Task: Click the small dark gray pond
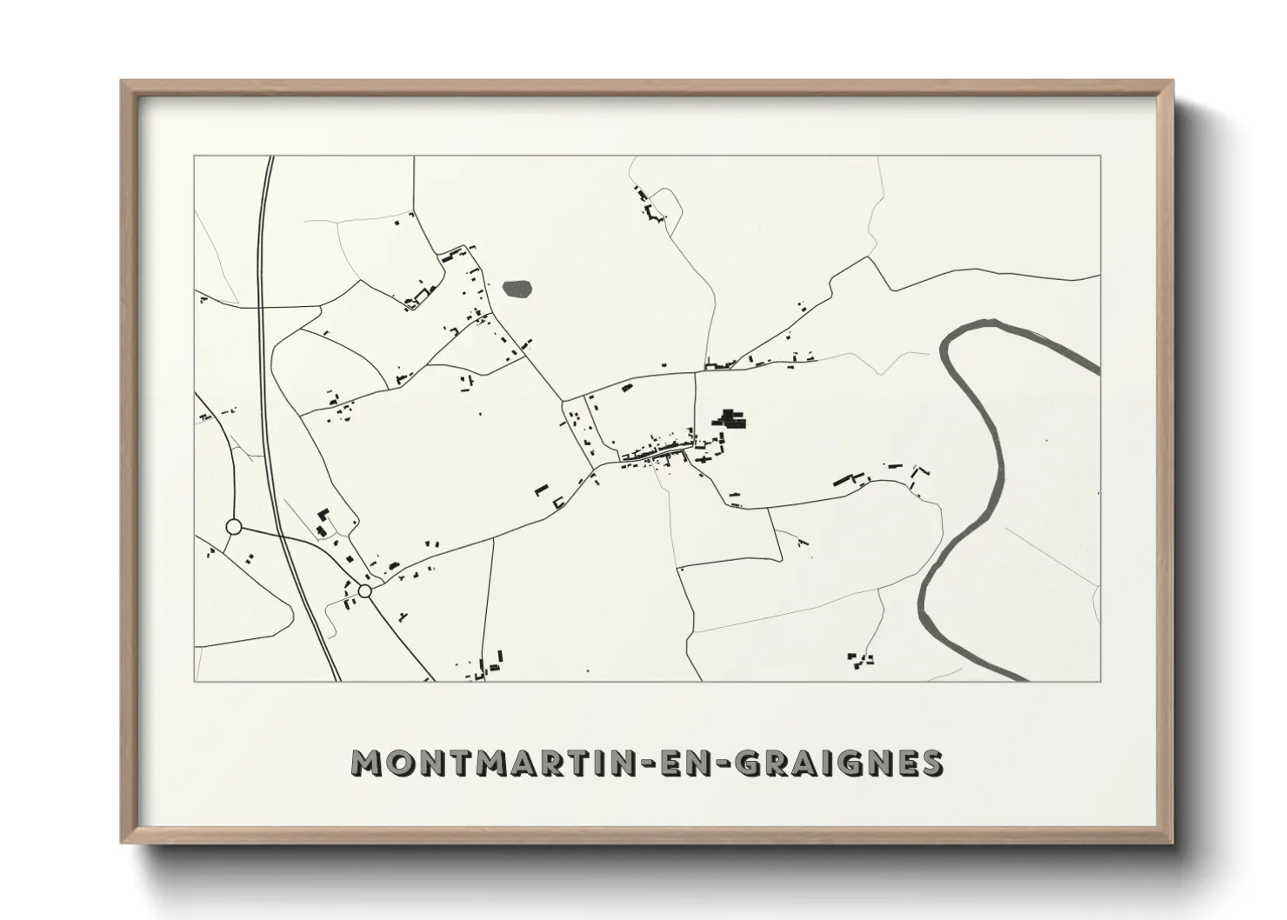517,289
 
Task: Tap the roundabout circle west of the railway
233,526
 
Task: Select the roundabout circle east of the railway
364,591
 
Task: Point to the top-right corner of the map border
1100,157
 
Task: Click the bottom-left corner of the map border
194,680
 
